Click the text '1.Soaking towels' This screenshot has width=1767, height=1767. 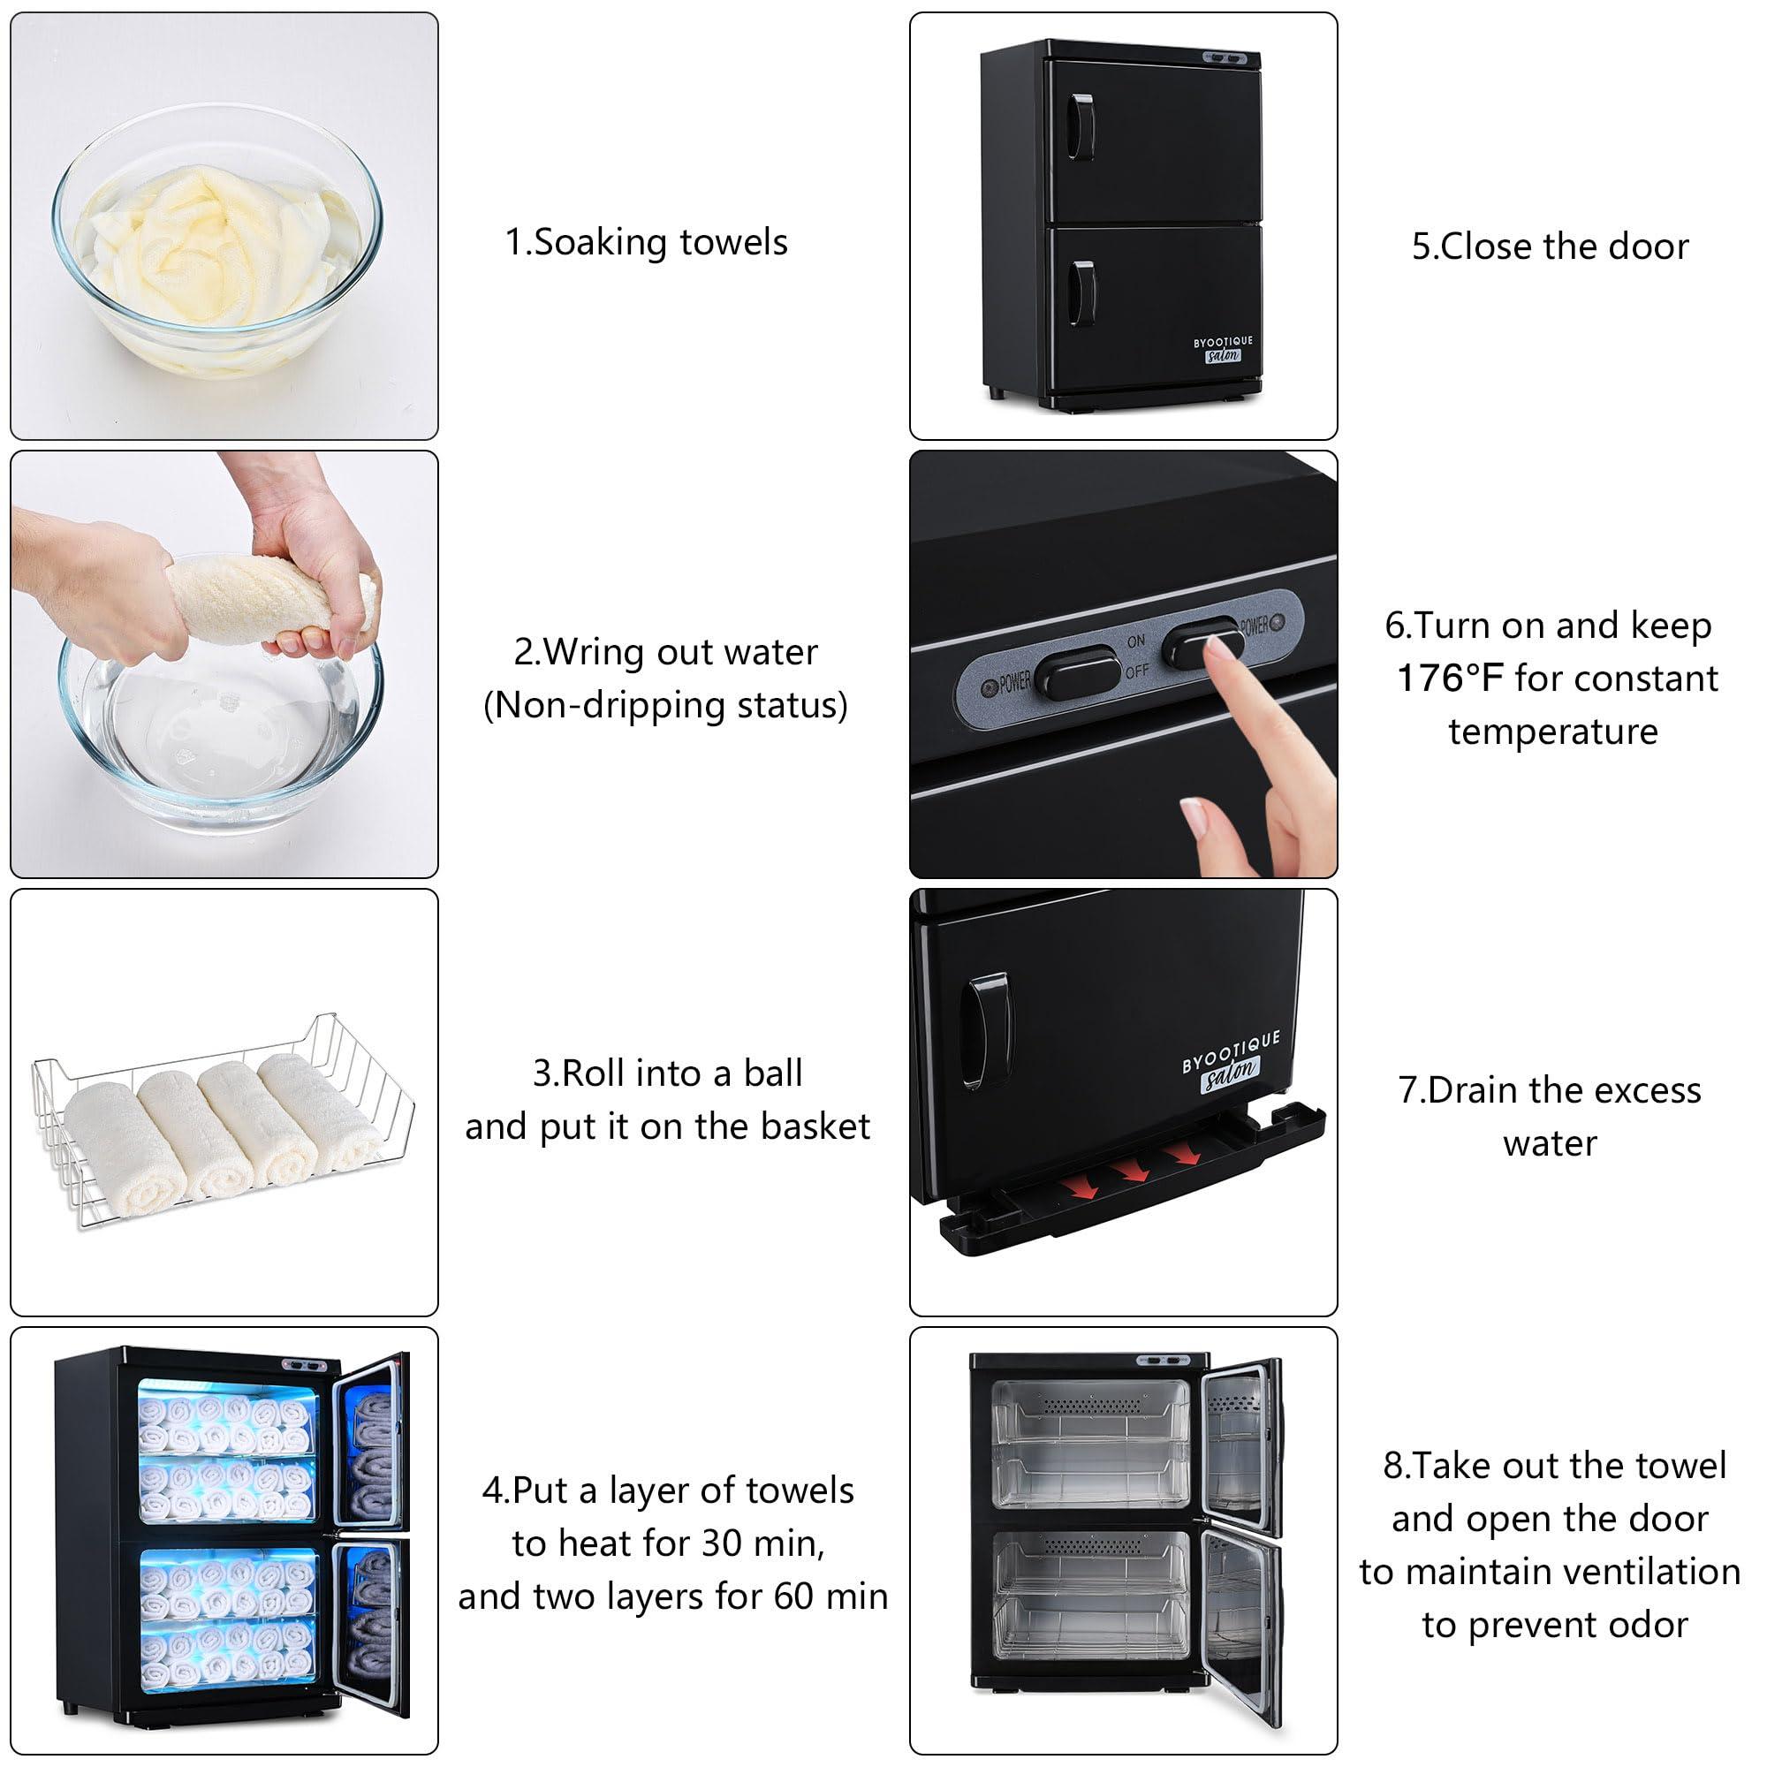pyautogui.click(x=647, y=242)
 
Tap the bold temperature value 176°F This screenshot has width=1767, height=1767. pyautogui.click(x=1450, y=679)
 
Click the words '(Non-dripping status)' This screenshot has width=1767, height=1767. pyautogui.click(x=666, y=705)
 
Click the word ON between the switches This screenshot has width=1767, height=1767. pyautogui.click(x=1136, y=641)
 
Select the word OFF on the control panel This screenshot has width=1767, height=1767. pyautogui.click(x=1137, y=671)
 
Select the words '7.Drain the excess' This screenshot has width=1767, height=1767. pyautogui.click(x=1551, y=1090)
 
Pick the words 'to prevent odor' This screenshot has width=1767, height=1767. pyautogui.click(x=1555, y=1626)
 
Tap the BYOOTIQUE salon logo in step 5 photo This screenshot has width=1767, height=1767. pyautogui.click(x=1223, y=348)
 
